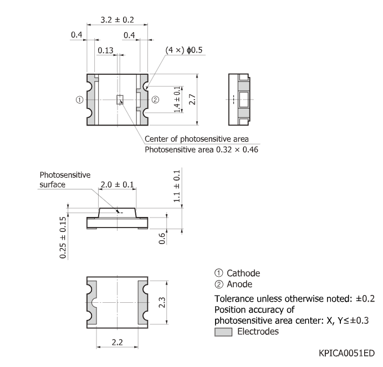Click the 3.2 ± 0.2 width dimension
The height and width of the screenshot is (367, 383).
pos(116,19)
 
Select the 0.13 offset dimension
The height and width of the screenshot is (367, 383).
pos(105,51)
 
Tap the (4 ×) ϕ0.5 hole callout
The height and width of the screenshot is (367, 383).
pos(184,50)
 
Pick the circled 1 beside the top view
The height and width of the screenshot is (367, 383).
pos(79,100)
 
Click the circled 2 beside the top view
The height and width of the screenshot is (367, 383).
pos(155,100)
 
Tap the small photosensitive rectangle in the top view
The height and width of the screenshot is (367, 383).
pos(118,100)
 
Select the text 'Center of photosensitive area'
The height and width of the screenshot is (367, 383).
pos(196,138)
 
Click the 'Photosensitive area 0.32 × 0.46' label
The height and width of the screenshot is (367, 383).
pos(201,149)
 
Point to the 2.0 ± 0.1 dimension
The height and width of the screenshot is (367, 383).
pos(116,185)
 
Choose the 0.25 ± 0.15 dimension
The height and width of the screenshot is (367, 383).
pos(63,237)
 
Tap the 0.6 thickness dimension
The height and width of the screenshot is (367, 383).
pos(162,238)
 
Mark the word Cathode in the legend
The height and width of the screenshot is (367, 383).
pos(243,273)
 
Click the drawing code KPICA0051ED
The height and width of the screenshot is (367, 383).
pos(346,353)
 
